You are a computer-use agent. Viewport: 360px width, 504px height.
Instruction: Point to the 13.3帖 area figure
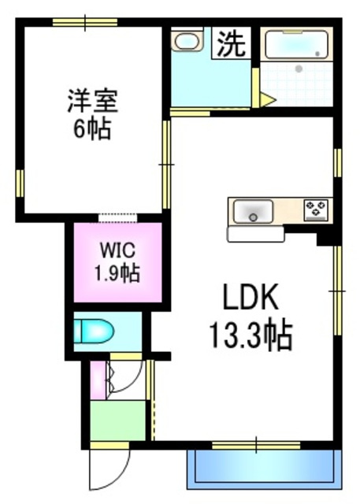click(x=251, y=337)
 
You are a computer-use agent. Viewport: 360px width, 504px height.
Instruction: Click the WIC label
click(x=118, y=253)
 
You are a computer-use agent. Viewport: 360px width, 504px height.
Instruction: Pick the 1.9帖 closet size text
click(x=118, y=274)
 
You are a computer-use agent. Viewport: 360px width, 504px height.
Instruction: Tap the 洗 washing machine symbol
click(x=232, y=43)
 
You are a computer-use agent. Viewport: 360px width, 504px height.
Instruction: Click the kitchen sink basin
click(x=252, y=211)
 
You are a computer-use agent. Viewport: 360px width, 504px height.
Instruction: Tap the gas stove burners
click(x=317, y=209)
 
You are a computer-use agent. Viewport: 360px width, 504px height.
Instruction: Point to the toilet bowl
click(x=95, y=332)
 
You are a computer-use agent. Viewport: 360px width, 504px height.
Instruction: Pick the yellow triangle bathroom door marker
click(x=267, y=100)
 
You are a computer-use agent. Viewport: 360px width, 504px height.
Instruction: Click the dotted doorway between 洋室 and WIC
click(x=118, y=217)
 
